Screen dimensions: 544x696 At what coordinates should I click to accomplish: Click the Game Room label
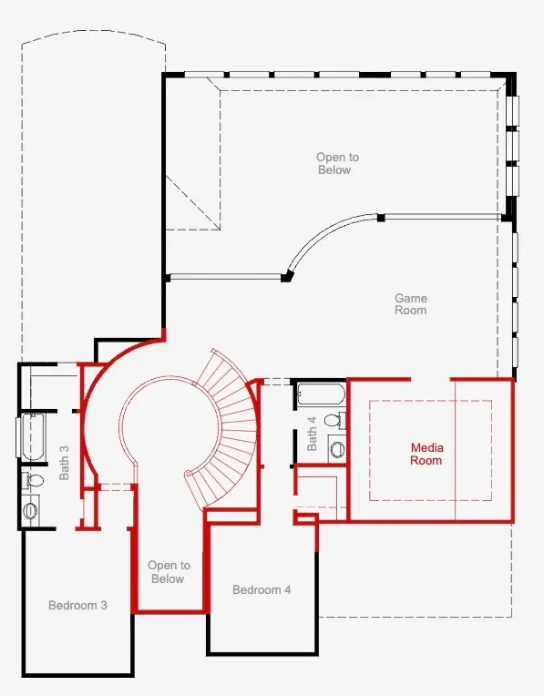[411, 304]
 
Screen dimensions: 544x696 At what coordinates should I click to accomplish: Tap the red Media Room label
[426, 454]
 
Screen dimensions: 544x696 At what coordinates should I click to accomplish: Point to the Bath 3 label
[65, 463]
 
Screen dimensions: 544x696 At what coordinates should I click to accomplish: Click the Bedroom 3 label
[77, 605]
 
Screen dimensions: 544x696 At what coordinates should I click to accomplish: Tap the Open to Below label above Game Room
[337, 163]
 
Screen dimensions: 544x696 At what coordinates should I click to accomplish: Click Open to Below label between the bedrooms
[169, 572]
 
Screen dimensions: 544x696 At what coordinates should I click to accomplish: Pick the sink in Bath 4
[337, 449]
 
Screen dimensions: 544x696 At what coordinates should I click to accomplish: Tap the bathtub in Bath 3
[32, 437]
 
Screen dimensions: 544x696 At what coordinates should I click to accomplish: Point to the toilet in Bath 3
[34, 480]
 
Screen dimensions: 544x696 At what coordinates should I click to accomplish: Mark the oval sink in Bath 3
[30, 510]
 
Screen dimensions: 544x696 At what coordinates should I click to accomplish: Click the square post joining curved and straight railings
[381, 218]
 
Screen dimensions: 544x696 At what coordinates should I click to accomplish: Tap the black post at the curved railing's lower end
[287, 278]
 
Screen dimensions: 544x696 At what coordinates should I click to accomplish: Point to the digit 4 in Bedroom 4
[287, 589]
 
